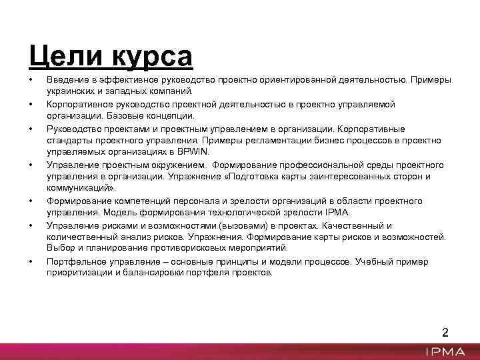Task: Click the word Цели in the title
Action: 58,55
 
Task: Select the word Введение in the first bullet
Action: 68,80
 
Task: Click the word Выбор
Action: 59,249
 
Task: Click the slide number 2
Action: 446,333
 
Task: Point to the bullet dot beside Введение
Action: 31,80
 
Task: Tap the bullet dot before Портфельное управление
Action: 31,261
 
